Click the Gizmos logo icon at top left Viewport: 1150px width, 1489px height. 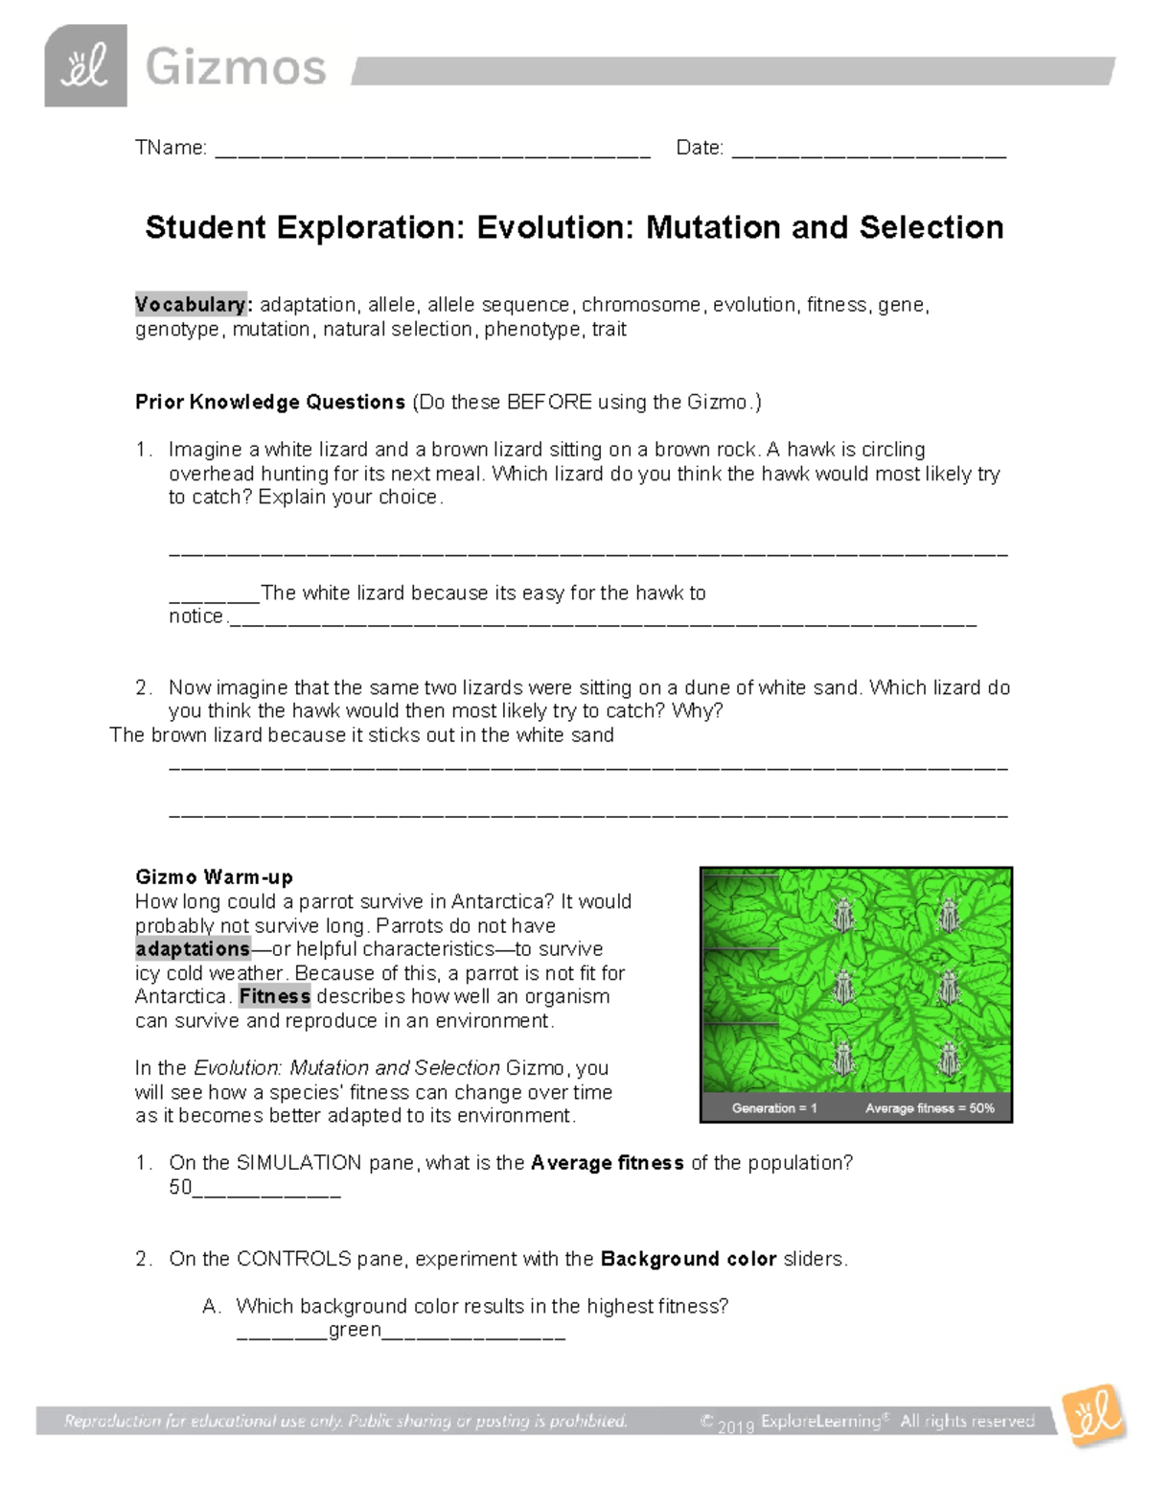[85, 66]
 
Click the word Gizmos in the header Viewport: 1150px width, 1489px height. [236, 68]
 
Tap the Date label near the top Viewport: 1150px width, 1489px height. [699, 148]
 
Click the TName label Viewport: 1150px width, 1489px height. [171, 148]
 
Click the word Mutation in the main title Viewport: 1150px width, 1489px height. [713, 227]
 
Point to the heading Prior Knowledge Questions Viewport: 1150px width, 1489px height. [270, 402]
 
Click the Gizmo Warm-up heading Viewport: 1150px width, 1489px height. [214, 876]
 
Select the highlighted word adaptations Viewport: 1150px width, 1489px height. [193, 949]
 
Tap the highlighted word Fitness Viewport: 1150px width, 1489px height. [274, 996]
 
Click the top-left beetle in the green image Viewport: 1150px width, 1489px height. [843, 915]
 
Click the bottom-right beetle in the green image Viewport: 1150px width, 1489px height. [948, 1059]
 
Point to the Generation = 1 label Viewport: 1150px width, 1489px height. [774, 1108]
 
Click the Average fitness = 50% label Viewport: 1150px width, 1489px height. [930, 1108]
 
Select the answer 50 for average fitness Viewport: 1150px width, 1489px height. [180, 1187]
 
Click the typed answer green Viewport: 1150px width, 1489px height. [355, 1330]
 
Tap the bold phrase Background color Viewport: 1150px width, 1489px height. [687, 1259]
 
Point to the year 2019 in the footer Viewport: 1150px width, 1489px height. [735, 1427]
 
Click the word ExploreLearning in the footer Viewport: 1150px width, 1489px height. [820, 1421]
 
